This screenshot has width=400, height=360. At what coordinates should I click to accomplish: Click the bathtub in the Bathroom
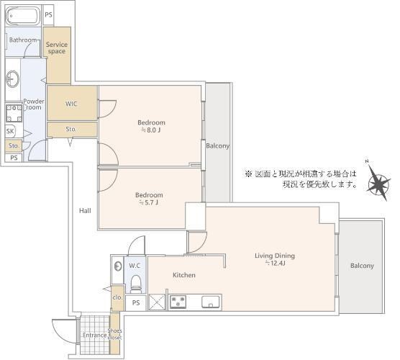[23, 16]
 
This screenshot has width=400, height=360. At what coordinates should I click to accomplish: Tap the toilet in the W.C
[135, 284]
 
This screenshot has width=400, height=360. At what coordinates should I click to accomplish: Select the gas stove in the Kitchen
[178, 302]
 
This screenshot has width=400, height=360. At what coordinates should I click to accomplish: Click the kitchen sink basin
[211, 302]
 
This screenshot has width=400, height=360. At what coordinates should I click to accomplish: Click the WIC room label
[71, 104]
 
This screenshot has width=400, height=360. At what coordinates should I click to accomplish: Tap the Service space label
[57, 48]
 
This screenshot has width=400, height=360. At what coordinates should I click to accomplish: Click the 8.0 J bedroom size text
[151, 130]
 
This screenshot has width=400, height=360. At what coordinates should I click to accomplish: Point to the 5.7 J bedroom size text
[149, 203]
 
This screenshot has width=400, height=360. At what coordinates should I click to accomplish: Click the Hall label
[85, 211]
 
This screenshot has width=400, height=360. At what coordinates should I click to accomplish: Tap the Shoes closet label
[115, 334]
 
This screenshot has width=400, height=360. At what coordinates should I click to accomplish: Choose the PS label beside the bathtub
[48, 14]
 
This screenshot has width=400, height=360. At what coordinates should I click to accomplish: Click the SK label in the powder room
[10, 131]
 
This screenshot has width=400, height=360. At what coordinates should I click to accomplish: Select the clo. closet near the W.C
[117, 297]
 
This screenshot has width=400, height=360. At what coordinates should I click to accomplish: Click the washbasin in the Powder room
[12, 79]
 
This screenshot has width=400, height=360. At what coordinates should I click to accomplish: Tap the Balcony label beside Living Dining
[362, 266]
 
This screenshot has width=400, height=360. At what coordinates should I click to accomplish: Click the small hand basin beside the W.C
[118, 266]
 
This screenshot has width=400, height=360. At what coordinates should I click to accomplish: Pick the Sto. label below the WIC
[71, 130]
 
